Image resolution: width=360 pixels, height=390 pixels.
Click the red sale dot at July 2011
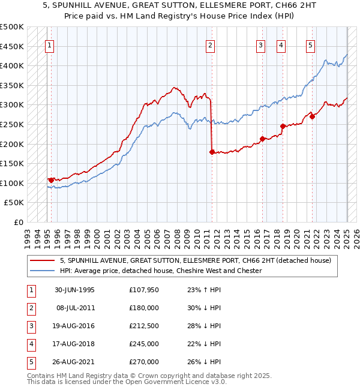212,152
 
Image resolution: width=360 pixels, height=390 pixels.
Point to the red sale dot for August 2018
283,126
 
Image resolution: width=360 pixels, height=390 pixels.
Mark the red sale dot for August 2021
313,116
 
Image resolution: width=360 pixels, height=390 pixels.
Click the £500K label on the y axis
12,27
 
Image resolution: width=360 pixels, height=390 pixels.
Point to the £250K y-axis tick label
12,124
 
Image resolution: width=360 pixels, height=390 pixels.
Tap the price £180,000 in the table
144,308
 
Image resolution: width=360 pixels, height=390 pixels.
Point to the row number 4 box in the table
30,344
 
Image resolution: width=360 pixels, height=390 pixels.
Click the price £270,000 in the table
144,362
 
